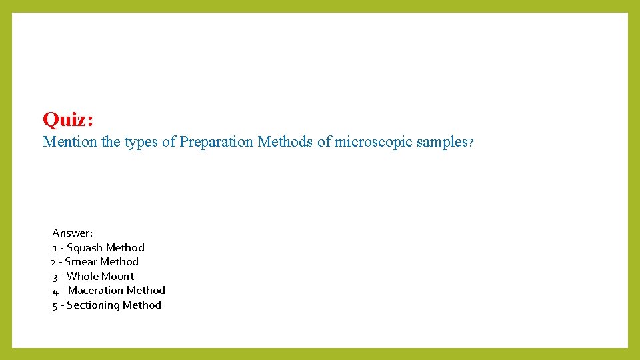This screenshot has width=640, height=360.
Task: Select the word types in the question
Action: pyautogui.click(x=141, y=142)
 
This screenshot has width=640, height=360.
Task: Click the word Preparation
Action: pyautogui.click(x=217, y=142)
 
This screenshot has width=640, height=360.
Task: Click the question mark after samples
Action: pyautogui.click(x=471, y=143)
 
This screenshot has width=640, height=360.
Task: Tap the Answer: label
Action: pyautogui.click(x=73, y=233)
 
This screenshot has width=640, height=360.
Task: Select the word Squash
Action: pyautogui.click(x=85, y=248)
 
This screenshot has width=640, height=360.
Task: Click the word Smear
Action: pyautogui.click(x=81, y=262)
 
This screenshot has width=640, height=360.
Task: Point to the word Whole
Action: pyautogui.click(x=83, y=277)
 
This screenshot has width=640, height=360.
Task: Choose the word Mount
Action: pyautogui.click(x=117, y=277)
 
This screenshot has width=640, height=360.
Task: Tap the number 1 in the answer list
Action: pyautogui.click(x=55, y=248)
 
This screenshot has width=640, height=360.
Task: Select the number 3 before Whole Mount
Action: pyautogui.click(x=55, y=277)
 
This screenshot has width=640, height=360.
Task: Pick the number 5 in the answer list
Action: pyautogui.click(x=55, y=305)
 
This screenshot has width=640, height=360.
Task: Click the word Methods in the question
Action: pyautogui.click(x=285, y=142)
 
